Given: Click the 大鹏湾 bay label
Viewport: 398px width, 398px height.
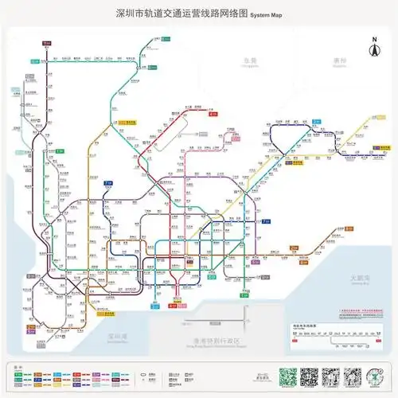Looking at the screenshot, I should pyautogui.click(x=361, y=278).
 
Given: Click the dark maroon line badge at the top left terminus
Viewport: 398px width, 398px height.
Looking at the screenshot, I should pyautogui.click(x=46, y=42).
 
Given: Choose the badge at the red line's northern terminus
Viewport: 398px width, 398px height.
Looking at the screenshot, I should pyautogui.click(x=213, y=115).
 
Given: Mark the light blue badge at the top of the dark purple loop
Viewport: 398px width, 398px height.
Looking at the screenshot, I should pyautogui.click(x=316, y=122).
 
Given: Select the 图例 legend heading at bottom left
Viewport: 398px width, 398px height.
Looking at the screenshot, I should pyautogui.click(x=18, y=366).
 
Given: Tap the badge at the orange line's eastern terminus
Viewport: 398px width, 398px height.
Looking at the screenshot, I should pyautogui.click(x=349, y=228).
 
